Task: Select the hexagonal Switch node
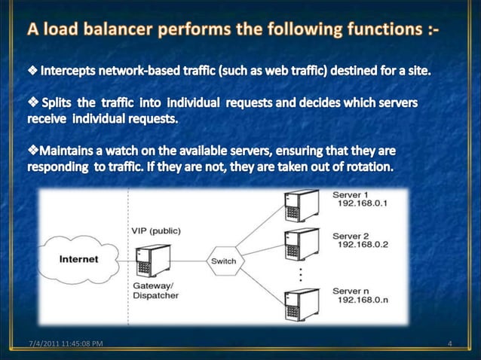click(223, 261)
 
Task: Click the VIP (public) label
click(156, 230)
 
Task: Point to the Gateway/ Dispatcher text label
click(156, 291)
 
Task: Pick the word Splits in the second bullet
click(64, 101)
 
